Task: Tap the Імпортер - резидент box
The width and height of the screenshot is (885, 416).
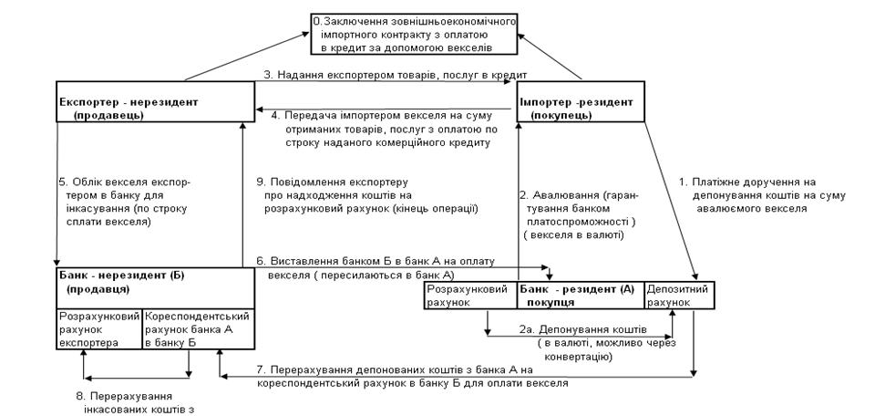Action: (x=581, y=109)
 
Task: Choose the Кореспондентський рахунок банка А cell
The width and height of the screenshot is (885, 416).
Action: (x=197, y=328)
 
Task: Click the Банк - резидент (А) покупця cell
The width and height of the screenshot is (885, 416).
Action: (x=580, y=295)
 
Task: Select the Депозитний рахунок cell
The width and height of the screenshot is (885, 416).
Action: (x=675, y=295)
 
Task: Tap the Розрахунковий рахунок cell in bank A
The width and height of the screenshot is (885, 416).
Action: (x=471, y=295)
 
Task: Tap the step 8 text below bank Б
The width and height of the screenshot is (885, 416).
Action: (x=137, y=403)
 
